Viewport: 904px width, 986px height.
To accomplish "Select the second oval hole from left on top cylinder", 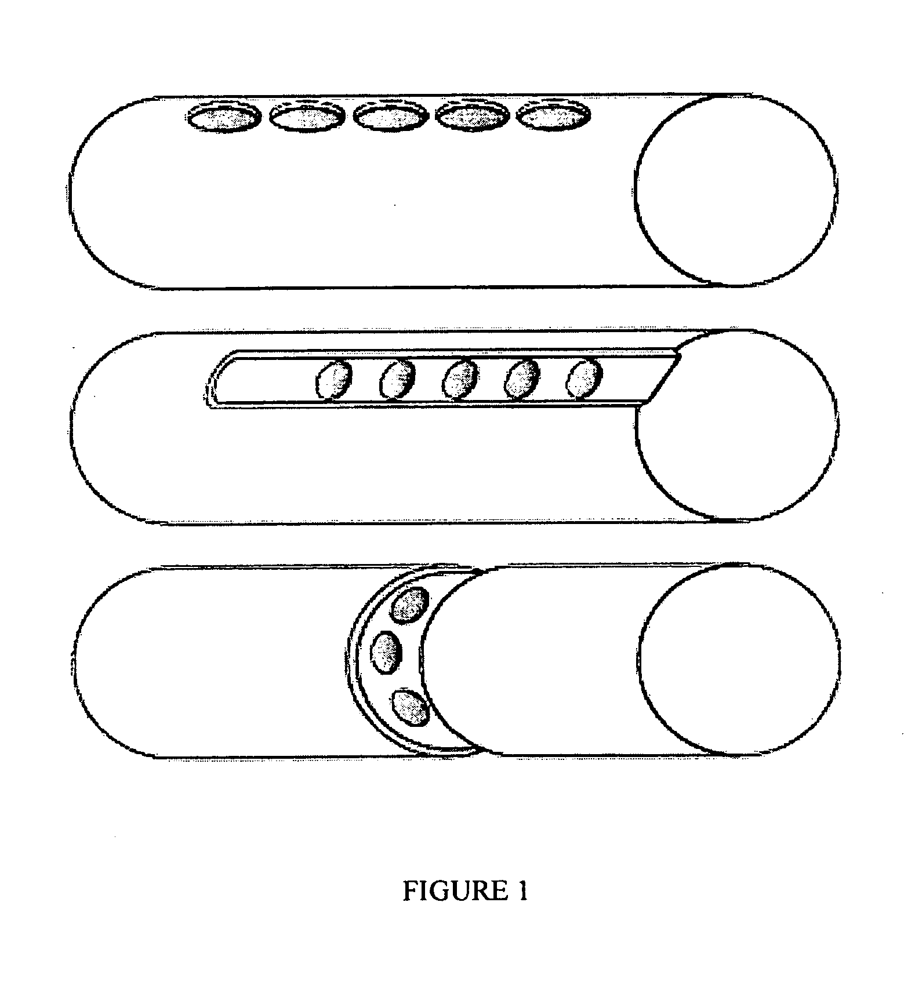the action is tap(306, 118).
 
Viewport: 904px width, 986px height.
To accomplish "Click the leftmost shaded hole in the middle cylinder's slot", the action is tap(334, 380).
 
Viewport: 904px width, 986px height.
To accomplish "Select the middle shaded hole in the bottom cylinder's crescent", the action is tap(386, 653).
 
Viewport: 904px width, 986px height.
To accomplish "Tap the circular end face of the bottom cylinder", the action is tap(740, 660).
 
